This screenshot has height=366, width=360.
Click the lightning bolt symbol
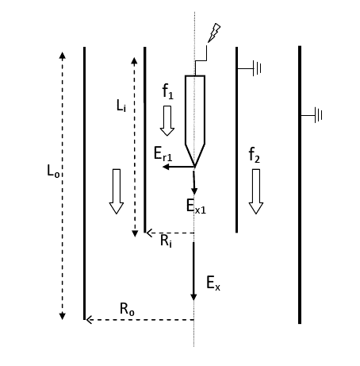tap(214, 33)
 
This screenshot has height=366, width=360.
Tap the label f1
tap(168, 91)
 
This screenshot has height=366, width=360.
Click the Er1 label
tap(163, 154)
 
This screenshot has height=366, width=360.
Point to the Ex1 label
tap(196, 206)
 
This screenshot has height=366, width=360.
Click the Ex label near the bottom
tap(213, 283)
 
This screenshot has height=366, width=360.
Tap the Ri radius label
tap(166, 241)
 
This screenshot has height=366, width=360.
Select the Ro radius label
tap(127, 309)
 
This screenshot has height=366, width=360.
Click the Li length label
tap(121, 106)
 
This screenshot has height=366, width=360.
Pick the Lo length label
tap(53, 171)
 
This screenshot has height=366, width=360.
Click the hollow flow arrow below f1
tap(167, 121)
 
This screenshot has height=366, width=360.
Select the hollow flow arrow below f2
tap(256, 191)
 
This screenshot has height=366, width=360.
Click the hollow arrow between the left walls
tap(117, 191)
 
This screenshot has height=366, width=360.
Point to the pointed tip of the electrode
tap(195, 167)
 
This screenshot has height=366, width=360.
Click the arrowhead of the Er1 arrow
tap(166, 167)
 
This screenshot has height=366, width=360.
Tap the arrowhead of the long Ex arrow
tap(193, 297)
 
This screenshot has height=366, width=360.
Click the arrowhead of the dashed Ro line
tap(89, 320)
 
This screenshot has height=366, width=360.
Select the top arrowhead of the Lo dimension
tap(62, 56)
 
